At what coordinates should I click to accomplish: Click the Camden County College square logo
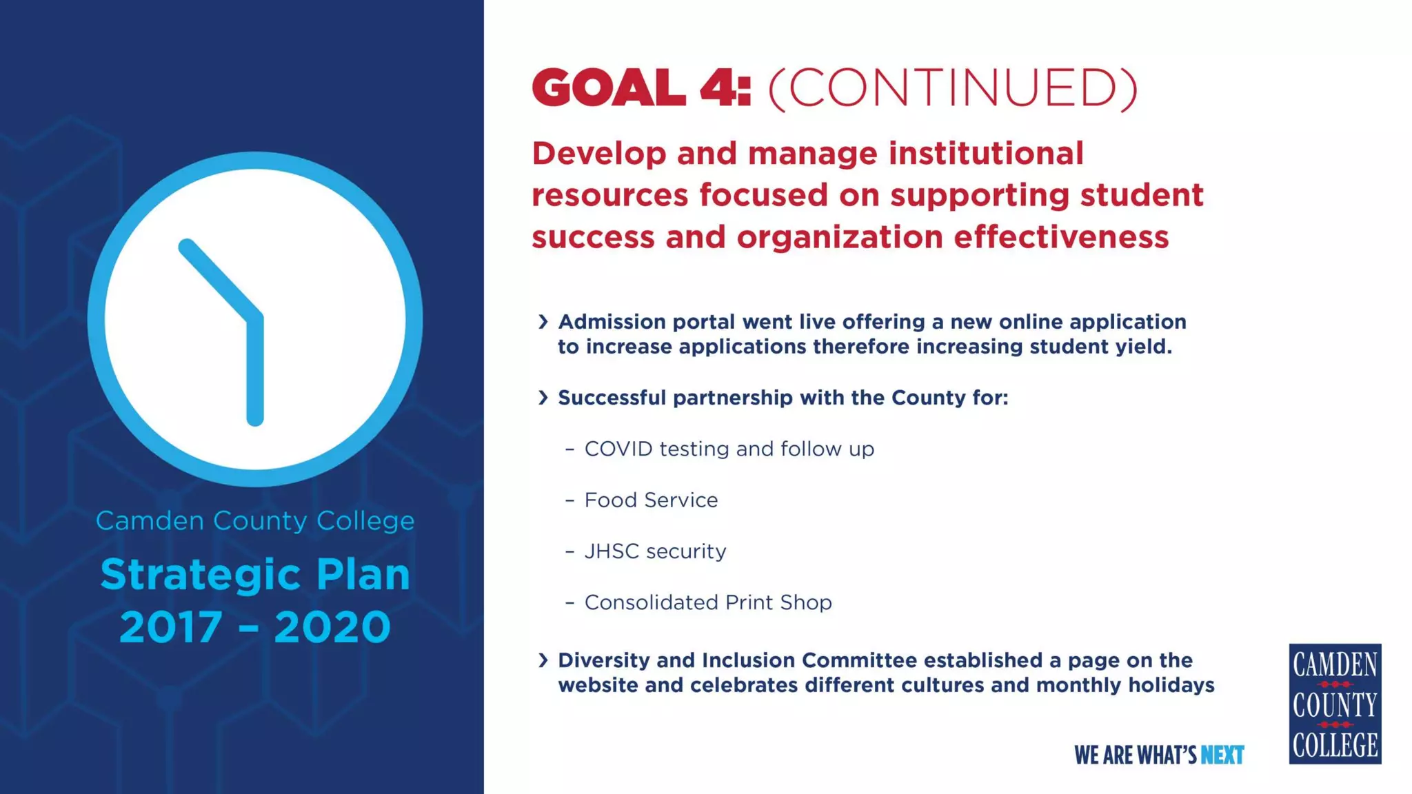point(1335,704)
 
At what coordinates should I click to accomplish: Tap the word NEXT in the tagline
point(1222,755)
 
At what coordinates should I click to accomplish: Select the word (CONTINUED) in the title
point(952,89)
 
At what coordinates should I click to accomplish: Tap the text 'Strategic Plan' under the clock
point(255,575)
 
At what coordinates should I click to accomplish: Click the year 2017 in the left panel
point(171,627)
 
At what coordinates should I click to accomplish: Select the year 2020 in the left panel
point(332,627)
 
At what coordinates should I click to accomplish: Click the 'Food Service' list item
point(651,500)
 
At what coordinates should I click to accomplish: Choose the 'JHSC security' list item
point(655,551)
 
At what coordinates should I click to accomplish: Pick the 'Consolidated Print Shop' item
point(708,602)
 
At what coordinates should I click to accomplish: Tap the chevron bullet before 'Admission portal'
point(543,322)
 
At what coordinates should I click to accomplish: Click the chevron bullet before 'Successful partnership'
point(543,398)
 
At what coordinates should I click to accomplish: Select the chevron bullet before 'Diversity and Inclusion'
point(543,660)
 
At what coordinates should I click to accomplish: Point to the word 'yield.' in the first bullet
point(1144,347)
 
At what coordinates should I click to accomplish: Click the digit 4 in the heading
point(717,88)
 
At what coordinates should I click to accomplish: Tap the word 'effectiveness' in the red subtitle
point(1061,237)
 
